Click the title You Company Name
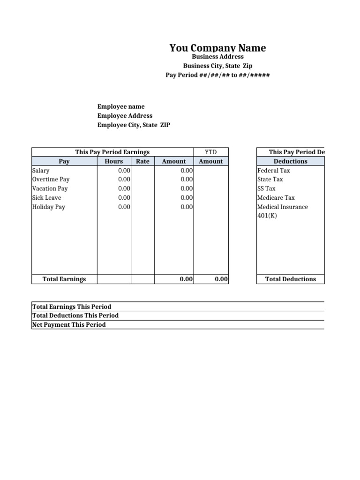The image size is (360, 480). pyautogui.click(x=217, y=48)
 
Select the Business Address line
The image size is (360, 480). pyautogui.click(x=217, y=57)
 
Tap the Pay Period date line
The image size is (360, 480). pyautogui.click(x=217, y=75)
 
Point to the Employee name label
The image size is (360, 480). pyautogui.click(x=121, y=106)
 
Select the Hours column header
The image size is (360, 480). pyautogui.click(x=114, y=161)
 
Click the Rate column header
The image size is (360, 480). pyautogui.click(x=142, y=161)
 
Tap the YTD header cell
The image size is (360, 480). pyautogui.click(x=211, y=152)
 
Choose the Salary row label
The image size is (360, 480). pyautogui.click(x=41, y=171)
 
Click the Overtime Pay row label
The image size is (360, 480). pyautogui.click(x=51, y=180)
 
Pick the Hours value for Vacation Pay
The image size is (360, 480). pyautogui.click(x=124, y=188)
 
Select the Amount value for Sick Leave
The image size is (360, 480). pyautogui.click(x=187, y=198)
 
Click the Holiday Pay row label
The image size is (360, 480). pyautogui.click(x=49, y=207)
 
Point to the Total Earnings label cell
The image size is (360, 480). pyautogui.click(x=64, y=279)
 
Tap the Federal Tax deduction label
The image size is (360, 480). pyautogui.click(x=274, y=171)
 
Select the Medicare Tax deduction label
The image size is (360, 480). pyautogui.click(x=276, y=198)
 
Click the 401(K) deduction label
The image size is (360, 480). pyautogui.click(x=267, y=216)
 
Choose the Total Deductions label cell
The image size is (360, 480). pyautogui.click(x=291, y=279)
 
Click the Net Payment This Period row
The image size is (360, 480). pyautogui.click(x=69, y=324)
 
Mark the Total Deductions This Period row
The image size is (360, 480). pyautogui.click(x=75, y=315)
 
